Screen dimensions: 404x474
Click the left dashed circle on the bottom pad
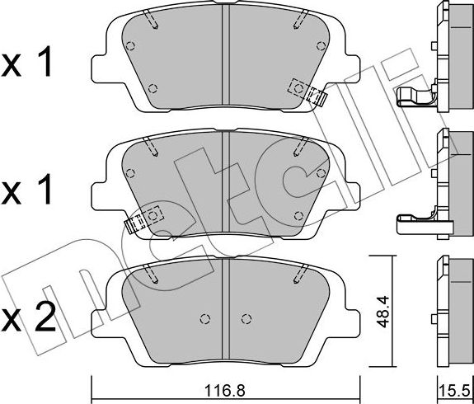point(204,319)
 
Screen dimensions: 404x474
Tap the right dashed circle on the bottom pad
point(245,319)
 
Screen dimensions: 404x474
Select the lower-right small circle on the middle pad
point(298,216)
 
